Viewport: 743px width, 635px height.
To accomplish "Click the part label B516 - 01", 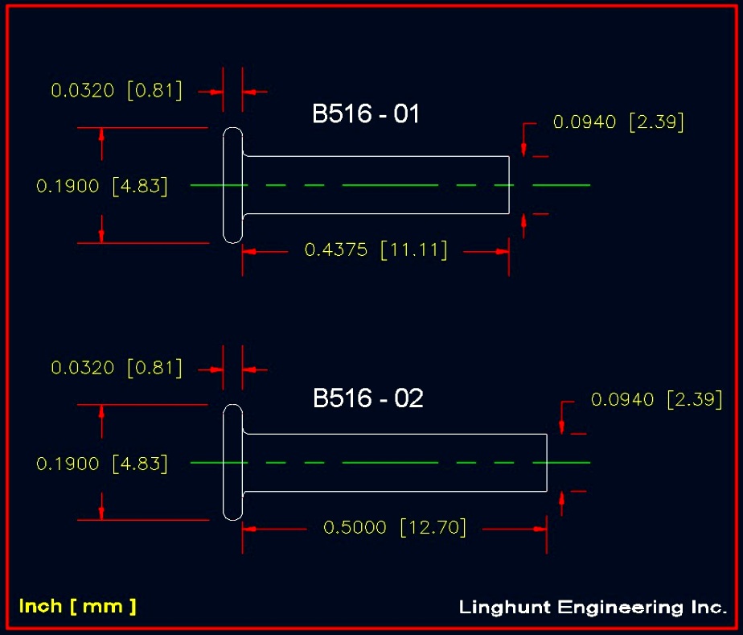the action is tap(366, 113).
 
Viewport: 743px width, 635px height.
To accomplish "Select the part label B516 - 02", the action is tap(367, 398).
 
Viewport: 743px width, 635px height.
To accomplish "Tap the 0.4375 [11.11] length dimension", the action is tap(376, 250).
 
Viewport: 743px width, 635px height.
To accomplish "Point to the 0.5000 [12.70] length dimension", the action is tap(395, 527).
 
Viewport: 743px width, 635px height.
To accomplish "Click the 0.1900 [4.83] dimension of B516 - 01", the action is tap(102, 186).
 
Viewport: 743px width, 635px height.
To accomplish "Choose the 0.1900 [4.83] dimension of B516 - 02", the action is tap(102, 464).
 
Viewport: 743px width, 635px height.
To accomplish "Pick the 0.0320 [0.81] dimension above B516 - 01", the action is tap(117, 90).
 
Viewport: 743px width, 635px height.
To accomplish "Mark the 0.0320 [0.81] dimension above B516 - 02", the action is tap(117, 368).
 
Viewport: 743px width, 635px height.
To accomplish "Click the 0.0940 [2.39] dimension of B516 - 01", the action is tap(618, 122).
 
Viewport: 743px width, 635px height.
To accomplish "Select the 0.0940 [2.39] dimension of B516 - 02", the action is tap(656, 399).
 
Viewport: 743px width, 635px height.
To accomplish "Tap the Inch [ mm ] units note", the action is tap(77, 607).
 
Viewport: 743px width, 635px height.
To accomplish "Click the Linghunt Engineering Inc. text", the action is tap(593, 608).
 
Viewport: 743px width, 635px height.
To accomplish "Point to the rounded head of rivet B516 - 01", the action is tap(232, 185).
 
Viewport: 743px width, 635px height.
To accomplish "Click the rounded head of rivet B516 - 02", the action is tap(232, 463).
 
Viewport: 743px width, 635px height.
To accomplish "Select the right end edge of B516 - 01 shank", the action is tap(509, 185).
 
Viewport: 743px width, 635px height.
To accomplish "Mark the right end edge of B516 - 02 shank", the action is tap(547, 463).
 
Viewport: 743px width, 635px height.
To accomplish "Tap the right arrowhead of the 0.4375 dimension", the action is tap(503, 252).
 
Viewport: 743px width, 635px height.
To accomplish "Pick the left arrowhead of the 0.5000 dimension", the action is tap(249, 529).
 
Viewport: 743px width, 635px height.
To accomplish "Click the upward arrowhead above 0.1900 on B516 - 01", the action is tap(101, 134).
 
